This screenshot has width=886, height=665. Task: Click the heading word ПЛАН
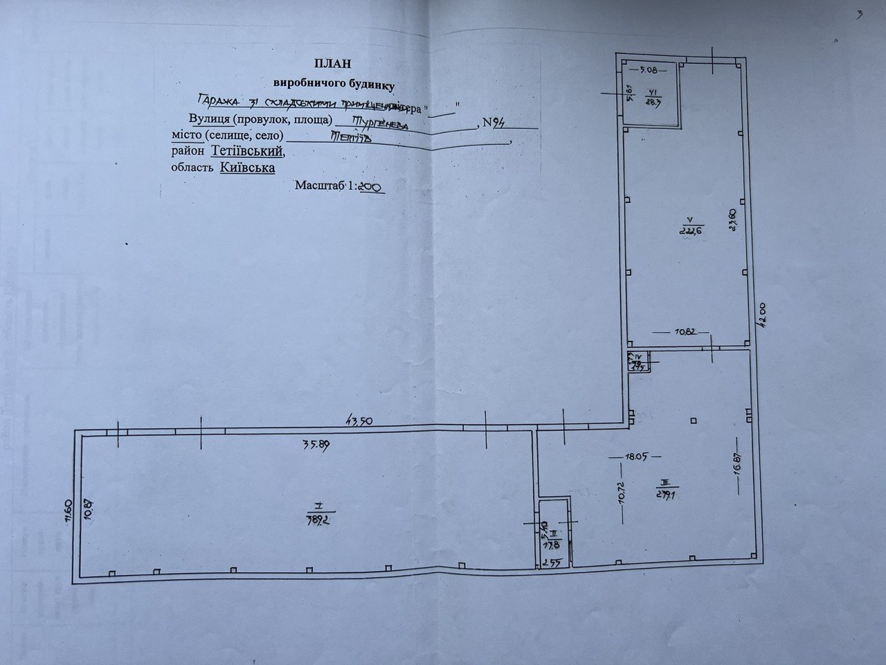click(334, 64)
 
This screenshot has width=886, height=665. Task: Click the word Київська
click(248, 168)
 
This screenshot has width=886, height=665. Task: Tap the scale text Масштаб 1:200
click(340, 186)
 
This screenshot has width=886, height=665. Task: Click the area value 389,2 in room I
click(314, 520)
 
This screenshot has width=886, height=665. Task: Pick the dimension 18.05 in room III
click(634, 456)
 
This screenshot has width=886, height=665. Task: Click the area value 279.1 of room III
click(666, 493)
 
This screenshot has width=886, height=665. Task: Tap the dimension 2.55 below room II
click(551, 562)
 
